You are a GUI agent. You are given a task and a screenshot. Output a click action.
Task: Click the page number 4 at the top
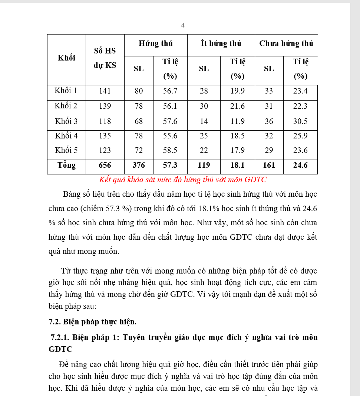click(182, 25)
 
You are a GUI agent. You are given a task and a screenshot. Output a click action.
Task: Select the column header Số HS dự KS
click(105, 58)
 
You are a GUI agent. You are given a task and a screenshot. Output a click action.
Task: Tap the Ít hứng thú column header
click(221, 44)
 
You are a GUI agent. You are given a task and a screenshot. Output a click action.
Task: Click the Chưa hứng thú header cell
click(286, 44)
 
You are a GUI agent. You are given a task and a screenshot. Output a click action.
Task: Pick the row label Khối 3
click(66, 121)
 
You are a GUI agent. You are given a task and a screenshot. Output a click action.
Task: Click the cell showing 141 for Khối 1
click(105, 91)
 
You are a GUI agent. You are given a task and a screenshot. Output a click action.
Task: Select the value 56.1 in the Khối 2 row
click(170, 106)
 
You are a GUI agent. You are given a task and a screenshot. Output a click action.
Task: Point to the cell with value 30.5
click(300, 121)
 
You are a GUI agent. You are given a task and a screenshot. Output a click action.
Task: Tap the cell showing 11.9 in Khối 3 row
click(237, 121)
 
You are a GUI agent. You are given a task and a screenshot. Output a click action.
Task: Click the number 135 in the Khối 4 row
click(105, 136)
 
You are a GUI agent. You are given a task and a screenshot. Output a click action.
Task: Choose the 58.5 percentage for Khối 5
click(170, 150)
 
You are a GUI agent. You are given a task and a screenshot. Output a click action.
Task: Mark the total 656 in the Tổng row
click(105, 165)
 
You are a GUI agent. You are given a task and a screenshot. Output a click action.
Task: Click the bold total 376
click(139, 165)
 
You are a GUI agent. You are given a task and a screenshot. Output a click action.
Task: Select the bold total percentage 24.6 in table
click(300, 165)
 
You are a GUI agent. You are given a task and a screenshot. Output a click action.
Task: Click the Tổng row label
click(66, 165)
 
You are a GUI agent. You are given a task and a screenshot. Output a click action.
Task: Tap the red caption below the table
click(182, 180)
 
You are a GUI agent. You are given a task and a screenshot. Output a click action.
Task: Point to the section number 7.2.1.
click(60, 337)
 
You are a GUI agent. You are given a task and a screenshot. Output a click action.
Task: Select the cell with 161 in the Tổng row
click(269, 165)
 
